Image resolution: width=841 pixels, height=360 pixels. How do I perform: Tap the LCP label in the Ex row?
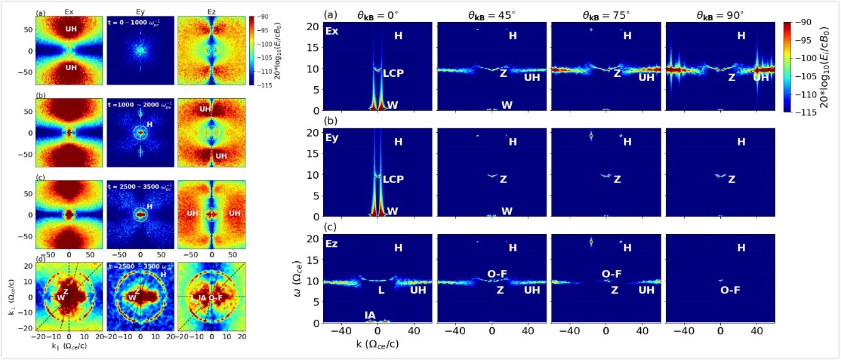(393, 73)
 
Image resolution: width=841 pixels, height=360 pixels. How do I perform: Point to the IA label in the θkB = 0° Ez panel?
(370, 314)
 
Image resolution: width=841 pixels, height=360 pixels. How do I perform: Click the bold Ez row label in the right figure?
(331, 242)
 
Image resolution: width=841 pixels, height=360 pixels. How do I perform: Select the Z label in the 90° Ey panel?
(731, 179)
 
